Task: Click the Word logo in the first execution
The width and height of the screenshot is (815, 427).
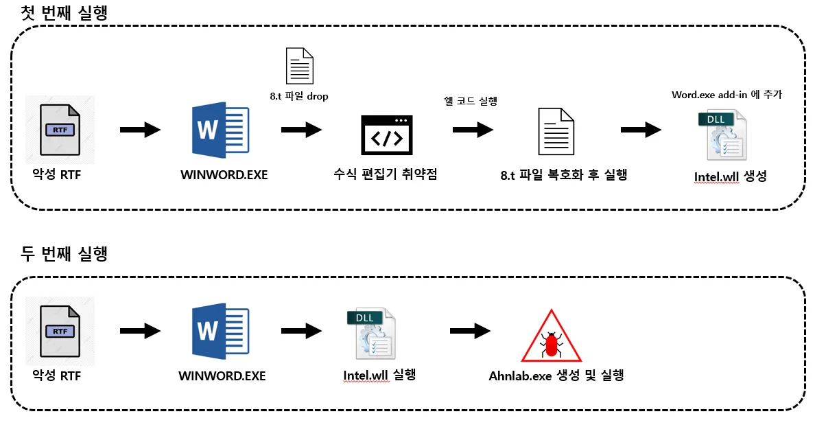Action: point(220,130)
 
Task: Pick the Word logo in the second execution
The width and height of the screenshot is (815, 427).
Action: point(220,332)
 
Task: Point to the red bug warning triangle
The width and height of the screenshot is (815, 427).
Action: point(551,336)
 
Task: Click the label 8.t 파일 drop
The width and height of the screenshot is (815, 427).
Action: point(299,96)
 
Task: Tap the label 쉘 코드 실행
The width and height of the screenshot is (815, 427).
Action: point(471,101)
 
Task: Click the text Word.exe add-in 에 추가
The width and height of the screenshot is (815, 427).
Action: point(727,95)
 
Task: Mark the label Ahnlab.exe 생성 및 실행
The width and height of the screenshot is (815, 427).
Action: point(556,376)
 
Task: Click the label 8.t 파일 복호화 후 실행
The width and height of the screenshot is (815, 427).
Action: point(563,175)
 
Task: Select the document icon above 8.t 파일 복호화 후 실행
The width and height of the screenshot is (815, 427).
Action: point(556,131)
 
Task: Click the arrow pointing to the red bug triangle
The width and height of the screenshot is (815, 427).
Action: point(471,331)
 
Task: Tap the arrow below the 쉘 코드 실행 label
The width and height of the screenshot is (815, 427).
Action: point(473,129)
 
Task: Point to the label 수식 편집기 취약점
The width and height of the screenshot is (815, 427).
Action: point(384,174)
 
